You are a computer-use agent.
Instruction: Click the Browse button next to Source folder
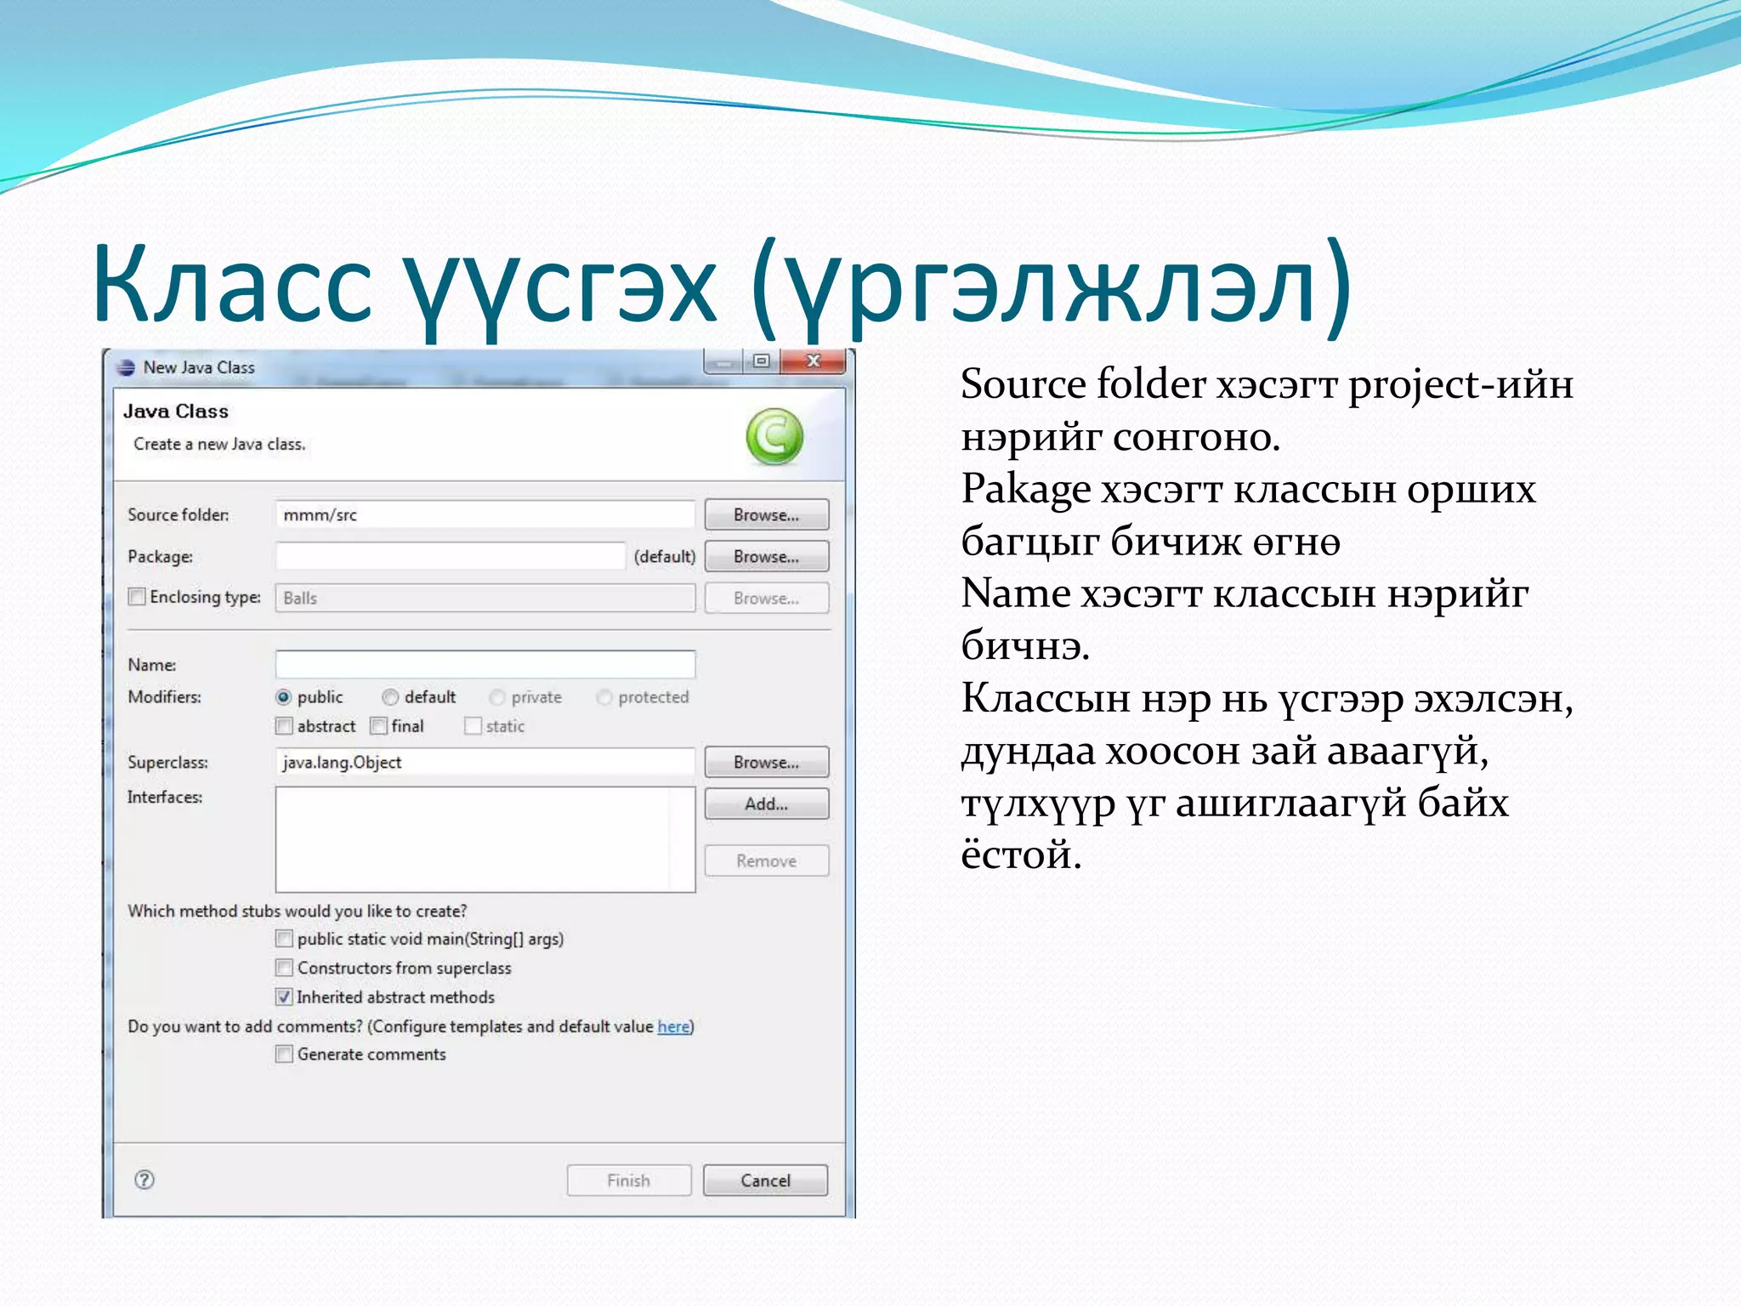766,514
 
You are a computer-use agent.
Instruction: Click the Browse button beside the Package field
766,556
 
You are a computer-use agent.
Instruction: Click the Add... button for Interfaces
766,803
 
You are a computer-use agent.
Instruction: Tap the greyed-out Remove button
766,860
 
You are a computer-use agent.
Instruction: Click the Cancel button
765,1180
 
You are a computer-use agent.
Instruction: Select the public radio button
284,697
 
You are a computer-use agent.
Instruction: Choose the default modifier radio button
390,697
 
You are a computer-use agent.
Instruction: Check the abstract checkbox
284,726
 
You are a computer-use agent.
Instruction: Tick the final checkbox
379,726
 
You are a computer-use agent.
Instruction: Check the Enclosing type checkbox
137,597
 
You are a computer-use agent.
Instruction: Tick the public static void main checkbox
284,939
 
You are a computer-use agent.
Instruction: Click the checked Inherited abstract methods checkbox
284,997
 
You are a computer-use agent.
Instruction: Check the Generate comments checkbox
284,1054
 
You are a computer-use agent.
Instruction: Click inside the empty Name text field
485,664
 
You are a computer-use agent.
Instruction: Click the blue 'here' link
673,1026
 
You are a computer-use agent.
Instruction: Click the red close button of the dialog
814,361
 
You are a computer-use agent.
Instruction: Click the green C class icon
774,436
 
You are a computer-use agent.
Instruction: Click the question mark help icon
145,1179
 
